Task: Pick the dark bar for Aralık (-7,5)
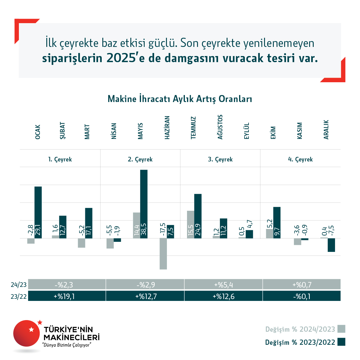[x=331, y=245]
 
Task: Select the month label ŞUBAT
[x=62, y=131]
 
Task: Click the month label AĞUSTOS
[x=220, y=127]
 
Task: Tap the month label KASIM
[x=300, y=131]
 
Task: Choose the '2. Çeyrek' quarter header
[x=140, y=159]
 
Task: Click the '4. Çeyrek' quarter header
[x=300, y=159]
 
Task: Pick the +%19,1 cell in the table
[x=67, y=296]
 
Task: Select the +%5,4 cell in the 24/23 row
[x=223, y=284]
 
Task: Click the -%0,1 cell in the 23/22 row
[x=302, y=296]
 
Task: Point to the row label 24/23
[x=19, y=285]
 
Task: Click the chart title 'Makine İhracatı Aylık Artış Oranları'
[x=180, y=99]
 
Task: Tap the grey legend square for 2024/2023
[x=341, y=329]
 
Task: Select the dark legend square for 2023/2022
[x=341, y=342]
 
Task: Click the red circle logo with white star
[x=26, y=333]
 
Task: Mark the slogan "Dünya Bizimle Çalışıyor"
[x=67, y=345]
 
